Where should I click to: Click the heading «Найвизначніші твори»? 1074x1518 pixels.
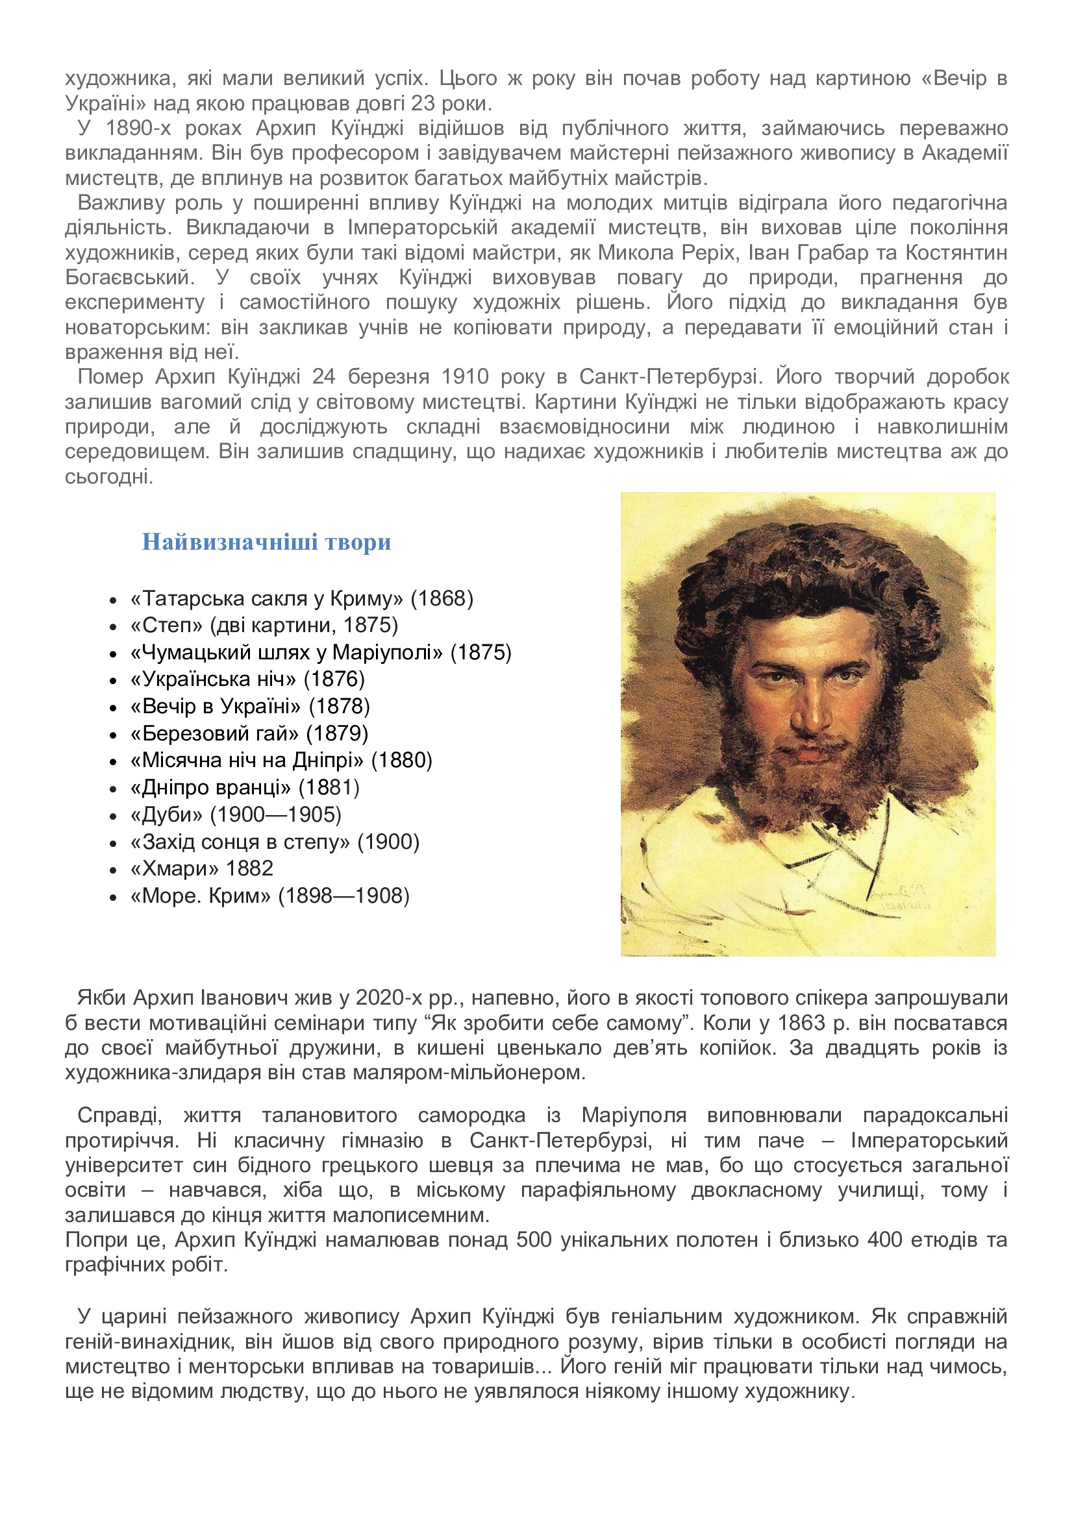click(x=266, y=542)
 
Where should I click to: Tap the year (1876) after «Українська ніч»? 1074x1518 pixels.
click(x=334, y=679)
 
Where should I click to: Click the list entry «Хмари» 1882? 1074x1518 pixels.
click(x=202, y=868)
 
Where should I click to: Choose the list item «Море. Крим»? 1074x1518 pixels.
click(x=201, y=895)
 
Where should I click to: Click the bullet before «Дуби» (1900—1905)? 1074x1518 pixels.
click(x=113, y=815)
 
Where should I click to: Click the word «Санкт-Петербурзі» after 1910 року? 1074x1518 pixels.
click(x=668, y=377)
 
